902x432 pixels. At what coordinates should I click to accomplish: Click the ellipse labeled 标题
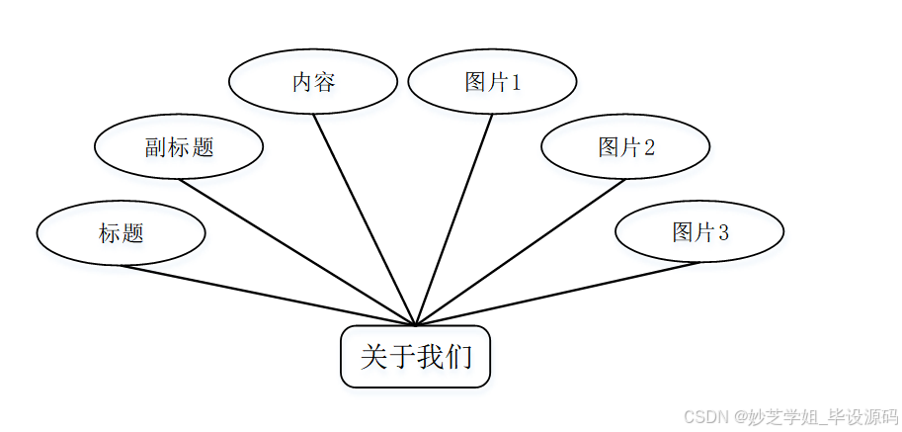pyautogui.click(x=121, y=233)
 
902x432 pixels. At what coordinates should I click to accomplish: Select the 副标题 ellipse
pyautogui.click(x=179, y=147)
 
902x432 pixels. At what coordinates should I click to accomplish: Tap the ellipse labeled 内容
pyautogui.click(x=313, y=82)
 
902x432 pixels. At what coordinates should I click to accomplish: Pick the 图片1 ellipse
pyautogui.click(x=492, y=82)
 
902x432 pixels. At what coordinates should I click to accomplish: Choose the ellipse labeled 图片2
pyautogui.click(x=625, y=147)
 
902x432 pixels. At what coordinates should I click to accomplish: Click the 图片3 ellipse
pyautogui.click(x=699, y=232)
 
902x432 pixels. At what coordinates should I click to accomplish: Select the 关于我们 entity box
pyautogui.click(x=415, y=356)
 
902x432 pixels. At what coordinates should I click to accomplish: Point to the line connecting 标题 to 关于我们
pyautogui.click(x=267, y=295)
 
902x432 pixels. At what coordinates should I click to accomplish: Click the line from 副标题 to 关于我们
pyautogui.click(x=296, y=251)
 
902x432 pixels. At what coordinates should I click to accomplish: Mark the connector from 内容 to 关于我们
pyautogui.click(x=365, y=218)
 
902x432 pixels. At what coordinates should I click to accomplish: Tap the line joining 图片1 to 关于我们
pyautogui.click(x=454, y=218)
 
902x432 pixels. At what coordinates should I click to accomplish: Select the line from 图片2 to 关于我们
pyautogui.click(x=521, y=251)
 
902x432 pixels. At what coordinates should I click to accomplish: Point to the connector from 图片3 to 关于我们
pyautogui.click(x=558, y=295)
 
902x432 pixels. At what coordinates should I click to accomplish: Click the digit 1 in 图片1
pyautogui.click(x=515, y=83)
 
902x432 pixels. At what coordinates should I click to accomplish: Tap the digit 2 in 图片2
pyautogui.click(x=649, y=148)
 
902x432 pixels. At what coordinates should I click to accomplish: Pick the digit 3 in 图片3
pyautogui.click(x=723, y=233)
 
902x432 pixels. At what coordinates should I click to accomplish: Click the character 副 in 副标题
pyautogui.click(x=155, y=148)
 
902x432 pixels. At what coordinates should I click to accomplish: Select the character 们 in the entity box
pyautogui.click(x=458, y=357)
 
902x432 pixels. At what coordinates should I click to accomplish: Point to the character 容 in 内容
pyautogui.click(x=325, y=83)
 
